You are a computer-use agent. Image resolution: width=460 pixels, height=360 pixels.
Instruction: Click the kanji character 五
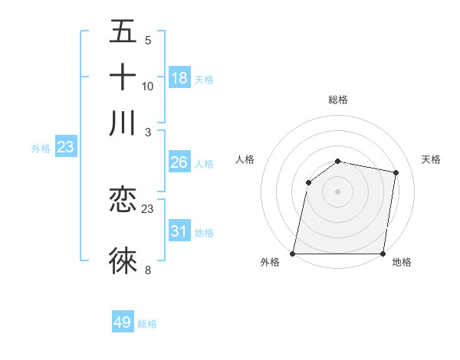pyautogui.click(x=123, y=32)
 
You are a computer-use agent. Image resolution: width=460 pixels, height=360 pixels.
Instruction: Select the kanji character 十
pyautogui.click(x=123, y=77)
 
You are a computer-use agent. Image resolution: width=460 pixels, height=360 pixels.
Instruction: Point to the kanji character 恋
pyautogui.click(x=123, y=201)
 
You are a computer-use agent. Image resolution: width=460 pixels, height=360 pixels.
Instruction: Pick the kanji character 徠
pyautogui.click(x=123, y=260)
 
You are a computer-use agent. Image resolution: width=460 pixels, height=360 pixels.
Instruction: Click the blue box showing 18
pyautogui.click(x=179, y=78)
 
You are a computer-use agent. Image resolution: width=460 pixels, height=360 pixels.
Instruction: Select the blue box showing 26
pyautogui.click(x=179, y=162)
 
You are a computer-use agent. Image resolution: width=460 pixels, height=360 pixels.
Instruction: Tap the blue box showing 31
pyautogui.click(x=179, y=231)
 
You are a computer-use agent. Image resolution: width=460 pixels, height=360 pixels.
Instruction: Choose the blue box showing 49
pyautogui.click(x=123, y=322)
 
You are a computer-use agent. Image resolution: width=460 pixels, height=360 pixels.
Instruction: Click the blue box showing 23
pyautogui.click(x=65, y=147)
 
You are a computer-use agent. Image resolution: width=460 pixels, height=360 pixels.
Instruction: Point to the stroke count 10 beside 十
pyautogui.click(x=148, y=86)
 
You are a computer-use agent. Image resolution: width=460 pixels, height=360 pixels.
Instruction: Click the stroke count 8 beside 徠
pyautogui.click(x=148, y=270)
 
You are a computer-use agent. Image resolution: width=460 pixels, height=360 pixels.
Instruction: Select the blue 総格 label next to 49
pyautogui.click(x=147, y=324)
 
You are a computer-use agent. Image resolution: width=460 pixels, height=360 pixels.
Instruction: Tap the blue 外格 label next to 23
pyautogui.click(x=40, y=149)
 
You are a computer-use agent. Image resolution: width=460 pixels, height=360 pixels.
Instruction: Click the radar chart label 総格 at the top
pyautogui.click(x=337, y=100)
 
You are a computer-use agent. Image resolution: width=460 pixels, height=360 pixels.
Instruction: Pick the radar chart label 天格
pyautogui.click(x=431, y=159)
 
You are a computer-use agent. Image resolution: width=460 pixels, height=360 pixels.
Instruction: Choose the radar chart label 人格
pyautogui.click(x=245, y=159)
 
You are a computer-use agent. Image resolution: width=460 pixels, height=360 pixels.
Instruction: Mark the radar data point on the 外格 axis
pyautogui.click(x=293, y=253)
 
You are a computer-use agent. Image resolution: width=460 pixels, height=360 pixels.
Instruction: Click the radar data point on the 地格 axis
pyautogui.click(x=383, y=253)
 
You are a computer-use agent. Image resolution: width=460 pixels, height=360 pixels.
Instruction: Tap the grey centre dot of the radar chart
pyautogui.click(x=337, y=191)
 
